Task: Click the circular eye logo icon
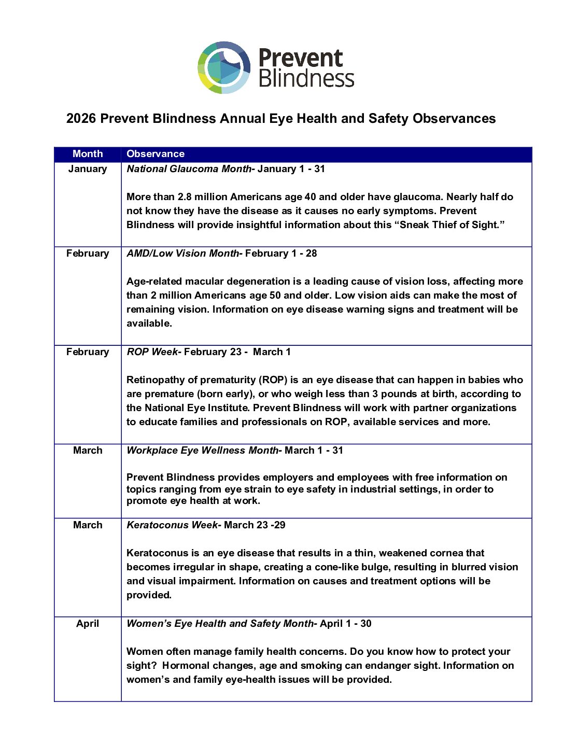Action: [224, 67]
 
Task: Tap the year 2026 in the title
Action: [81, 119]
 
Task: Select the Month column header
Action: [88, 154]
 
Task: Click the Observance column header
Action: [156, 154]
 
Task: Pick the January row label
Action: [88, 169]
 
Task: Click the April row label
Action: [88, 624]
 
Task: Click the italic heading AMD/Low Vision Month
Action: [183, 254]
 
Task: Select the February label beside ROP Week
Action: [88, 352]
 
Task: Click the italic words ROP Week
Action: [152, 352]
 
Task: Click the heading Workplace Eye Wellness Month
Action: [203, 451]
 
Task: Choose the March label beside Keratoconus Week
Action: [88, 525]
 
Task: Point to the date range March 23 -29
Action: [255, 525]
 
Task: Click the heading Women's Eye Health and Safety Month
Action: [220, 624]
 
